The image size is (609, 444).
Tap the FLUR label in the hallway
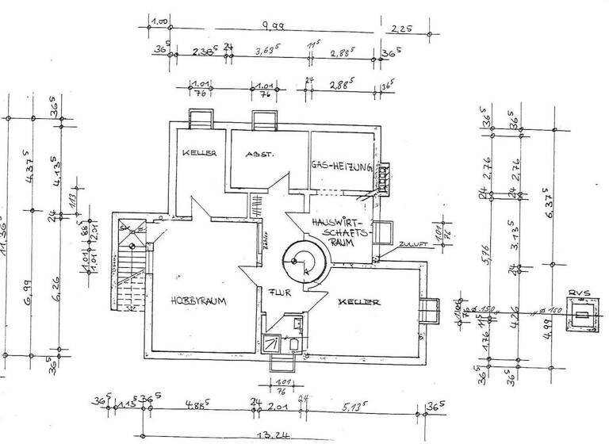click(276, 290)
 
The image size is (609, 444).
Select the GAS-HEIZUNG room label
click(342, 166)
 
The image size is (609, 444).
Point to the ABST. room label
click(260, 154)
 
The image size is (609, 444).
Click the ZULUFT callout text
click(414, 245)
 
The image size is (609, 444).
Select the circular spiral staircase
click(304, 260)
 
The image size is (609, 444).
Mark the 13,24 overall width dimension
click(278, 436)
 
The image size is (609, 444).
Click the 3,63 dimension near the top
click(267, 51)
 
